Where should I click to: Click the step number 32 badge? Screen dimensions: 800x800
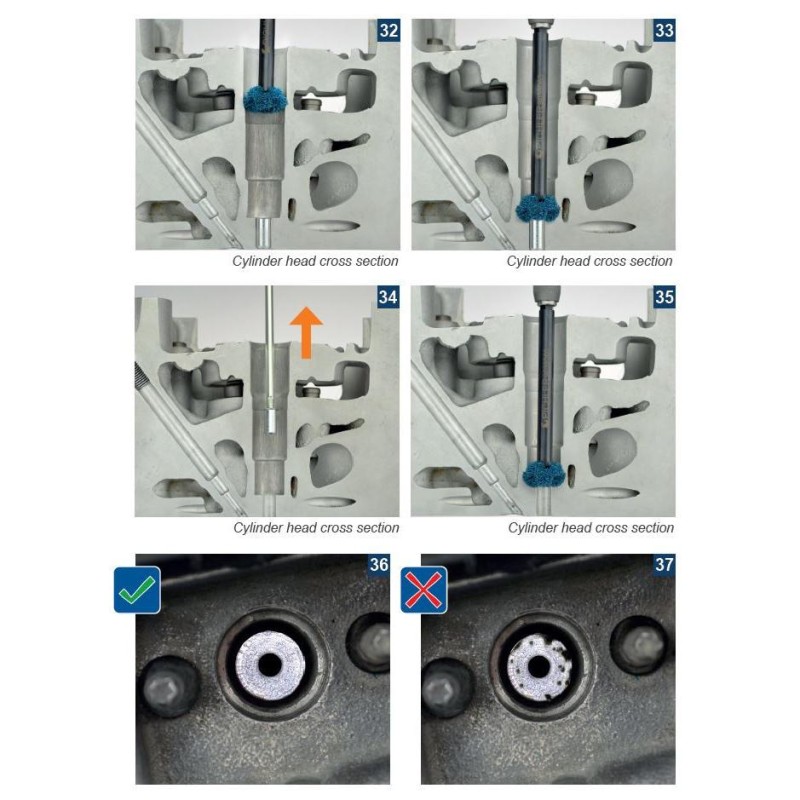coord(389,30)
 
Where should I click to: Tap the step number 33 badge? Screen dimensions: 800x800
coord(664,30)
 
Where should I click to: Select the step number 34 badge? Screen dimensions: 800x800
coord(388,296)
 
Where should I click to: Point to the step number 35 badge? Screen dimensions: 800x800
coord(664,296)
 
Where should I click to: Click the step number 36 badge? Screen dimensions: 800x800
coord(379,564)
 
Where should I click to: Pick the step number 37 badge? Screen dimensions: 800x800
coord(664,564)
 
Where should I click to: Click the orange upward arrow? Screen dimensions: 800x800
coord(306,333)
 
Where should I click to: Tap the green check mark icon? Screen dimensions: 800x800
coord(137,590)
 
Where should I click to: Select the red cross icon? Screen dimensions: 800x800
coord(424,590)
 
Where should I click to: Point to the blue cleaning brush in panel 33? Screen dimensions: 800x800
coord(538,208)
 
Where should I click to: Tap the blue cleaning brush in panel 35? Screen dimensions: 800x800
coord(544,473)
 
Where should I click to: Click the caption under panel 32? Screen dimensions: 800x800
coord(315,261)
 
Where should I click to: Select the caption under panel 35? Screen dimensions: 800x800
coord(591,528)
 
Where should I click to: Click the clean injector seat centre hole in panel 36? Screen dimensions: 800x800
coord(270,665)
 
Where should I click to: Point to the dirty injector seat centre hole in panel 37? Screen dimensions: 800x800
coord(538,666)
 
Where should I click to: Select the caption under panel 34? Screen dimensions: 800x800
coord(316,528)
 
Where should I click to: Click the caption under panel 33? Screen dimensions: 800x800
coord(590,261)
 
